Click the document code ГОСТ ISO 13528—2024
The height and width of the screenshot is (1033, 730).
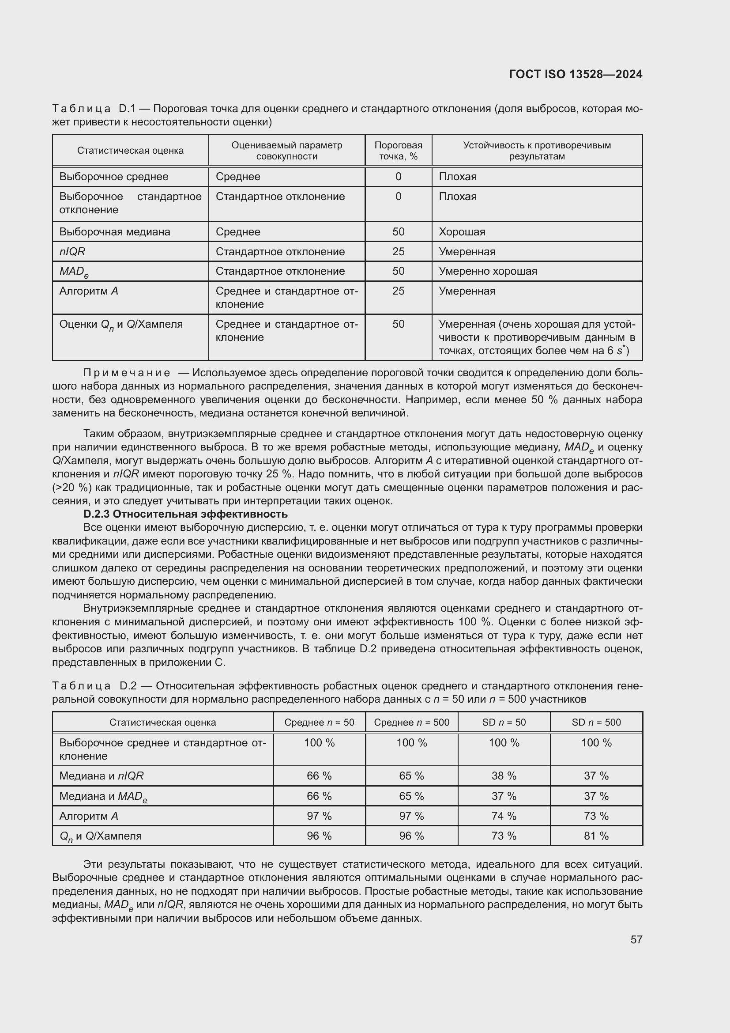[x=576, y=74]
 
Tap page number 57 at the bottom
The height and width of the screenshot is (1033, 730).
[x=636, y=939]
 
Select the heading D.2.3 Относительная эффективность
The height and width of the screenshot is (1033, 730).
[x=185, y=514]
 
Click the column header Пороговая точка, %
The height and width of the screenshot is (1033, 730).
[x=398, y=151]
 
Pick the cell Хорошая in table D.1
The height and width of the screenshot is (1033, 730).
[x=462, y=232]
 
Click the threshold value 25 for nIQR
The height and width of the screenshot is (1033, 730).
[x=398, y=251]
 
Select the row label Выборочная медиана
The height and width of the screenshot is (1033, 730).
[x=115, y=232]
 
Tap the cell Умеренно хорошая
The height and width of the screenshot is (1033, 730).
[x=488, y=271]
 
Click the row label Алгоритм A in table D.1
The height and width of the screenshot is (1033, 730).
[x=89, y=291]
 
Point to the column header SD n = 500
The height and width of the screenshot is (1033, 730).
[x=596, y=722]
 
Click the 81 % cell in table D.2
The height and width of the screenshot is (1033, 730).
[x=596, y=836]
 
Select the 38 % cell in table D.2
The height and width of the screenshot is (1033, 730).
[x=504, y=776]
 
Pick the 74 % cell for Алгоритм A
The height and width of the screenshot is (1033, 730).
[x=504, y=816]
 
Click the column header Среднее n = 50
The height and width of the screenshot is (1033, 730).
[x=319, y=722]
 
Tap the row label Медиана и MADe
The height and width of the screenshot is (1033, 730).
[x=103, y=796]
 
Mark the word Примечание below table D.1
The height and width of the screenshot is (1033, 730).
[x=127, y=373]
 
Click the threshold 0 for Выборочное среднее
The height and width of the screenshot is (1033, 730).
[x=398, y=177]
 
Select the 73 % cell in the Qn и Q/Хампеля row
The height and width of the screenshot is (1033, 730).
[x=504, y=836]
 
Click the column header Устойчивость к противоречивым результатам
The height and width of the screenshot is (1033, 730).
[x=537, y=151]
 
